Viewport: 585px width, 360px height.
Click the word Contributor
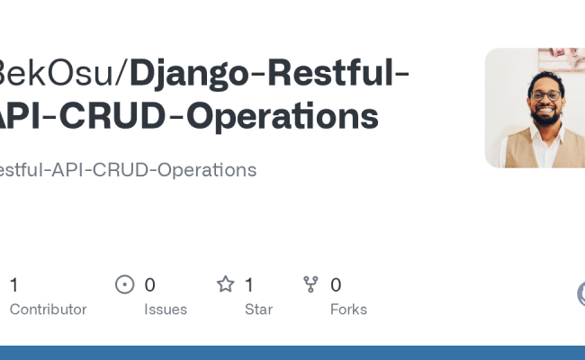point(48,309)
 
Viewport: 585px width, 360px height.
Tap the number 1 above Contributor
point(13,285)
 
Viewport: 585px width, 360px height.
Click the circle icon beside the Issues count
point(125,285)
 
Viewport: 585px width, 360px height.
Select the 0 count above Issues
point(150,285)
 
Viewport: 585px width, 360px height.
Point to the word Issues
point(166,309)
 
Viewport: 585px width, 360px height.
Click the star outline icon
point(225,285)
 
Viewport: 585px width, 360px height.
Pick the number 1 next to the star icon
point(249,285)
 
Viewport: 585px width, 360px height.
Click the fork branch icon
point(311,285)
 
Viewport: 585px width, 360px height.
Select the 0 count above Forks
point(336,285)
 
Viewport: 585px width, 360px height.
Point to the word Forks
point(348,309)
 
